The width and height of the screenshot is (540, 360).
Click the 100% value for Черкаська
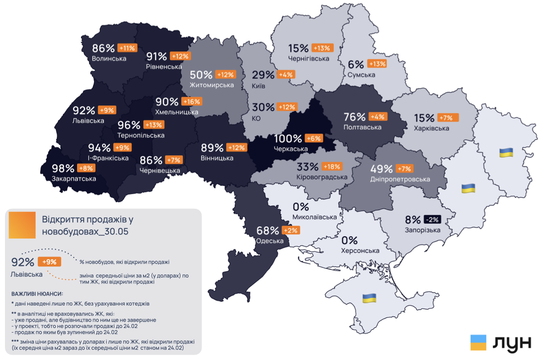click(x=288, y=139)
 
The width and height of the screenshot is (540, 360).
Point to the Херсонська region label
click(x=360, y=251)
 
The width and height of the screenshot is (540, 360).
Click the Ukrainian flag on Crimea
click(x=369, y=297)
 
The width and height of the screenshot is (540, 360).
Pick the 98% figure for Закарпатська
click(x=63, y=168)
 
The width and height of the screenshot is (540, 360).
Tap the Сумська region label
click(x=361, y=74)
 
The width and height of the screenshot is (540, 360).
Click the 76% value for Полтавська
click(x=355, y=117)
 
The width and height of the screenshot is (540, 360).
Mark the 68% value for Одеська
click(x=267, y=230)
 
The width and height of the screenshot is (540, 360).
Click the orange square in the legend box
click(x=22, y=225)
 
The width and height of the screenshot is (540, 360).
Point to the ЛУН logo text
click(x=512, y=343)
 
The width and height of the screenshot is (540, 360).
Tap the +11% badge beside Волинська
click(x=127, y=48)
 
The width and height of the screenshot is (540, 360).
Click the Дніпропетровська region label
click(x=400, y=179)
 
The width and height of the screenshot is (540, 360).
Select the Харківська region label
click(x=432, y=128)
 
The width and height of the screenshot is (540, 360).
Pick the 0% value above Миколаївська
click(x=301, y=207)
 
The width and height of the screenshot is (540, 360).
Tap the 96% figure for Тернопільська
click(x=129, y=125)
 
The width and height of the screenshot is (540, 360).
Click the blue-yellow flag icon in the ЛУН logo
click(x=478, y=342)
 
